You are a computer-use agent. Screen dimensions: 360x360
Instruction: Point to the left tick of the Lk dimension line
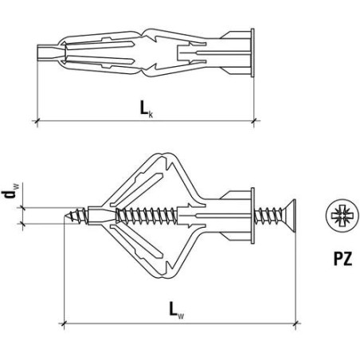37,121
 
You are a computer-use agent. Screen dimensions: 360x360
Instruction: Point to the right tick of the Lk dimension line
254,121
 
